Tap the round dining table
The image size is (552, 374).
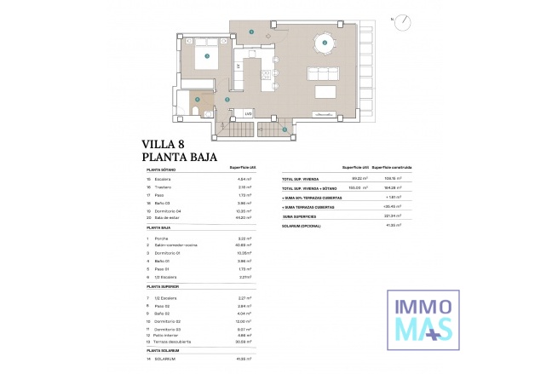pyautogui.click(x=323, y=40)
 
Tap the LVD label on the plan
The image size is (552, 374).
pyautogui.click(x=249, y=112)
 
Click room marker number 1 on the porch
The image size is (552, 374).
pyautogui.click(x=285, y=129)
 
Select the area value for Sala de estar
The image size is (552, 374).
pyautogui.click(x=242, y=217)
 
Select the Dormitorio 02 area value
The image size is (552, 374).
pyautogui.click(x=242, y=320)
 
